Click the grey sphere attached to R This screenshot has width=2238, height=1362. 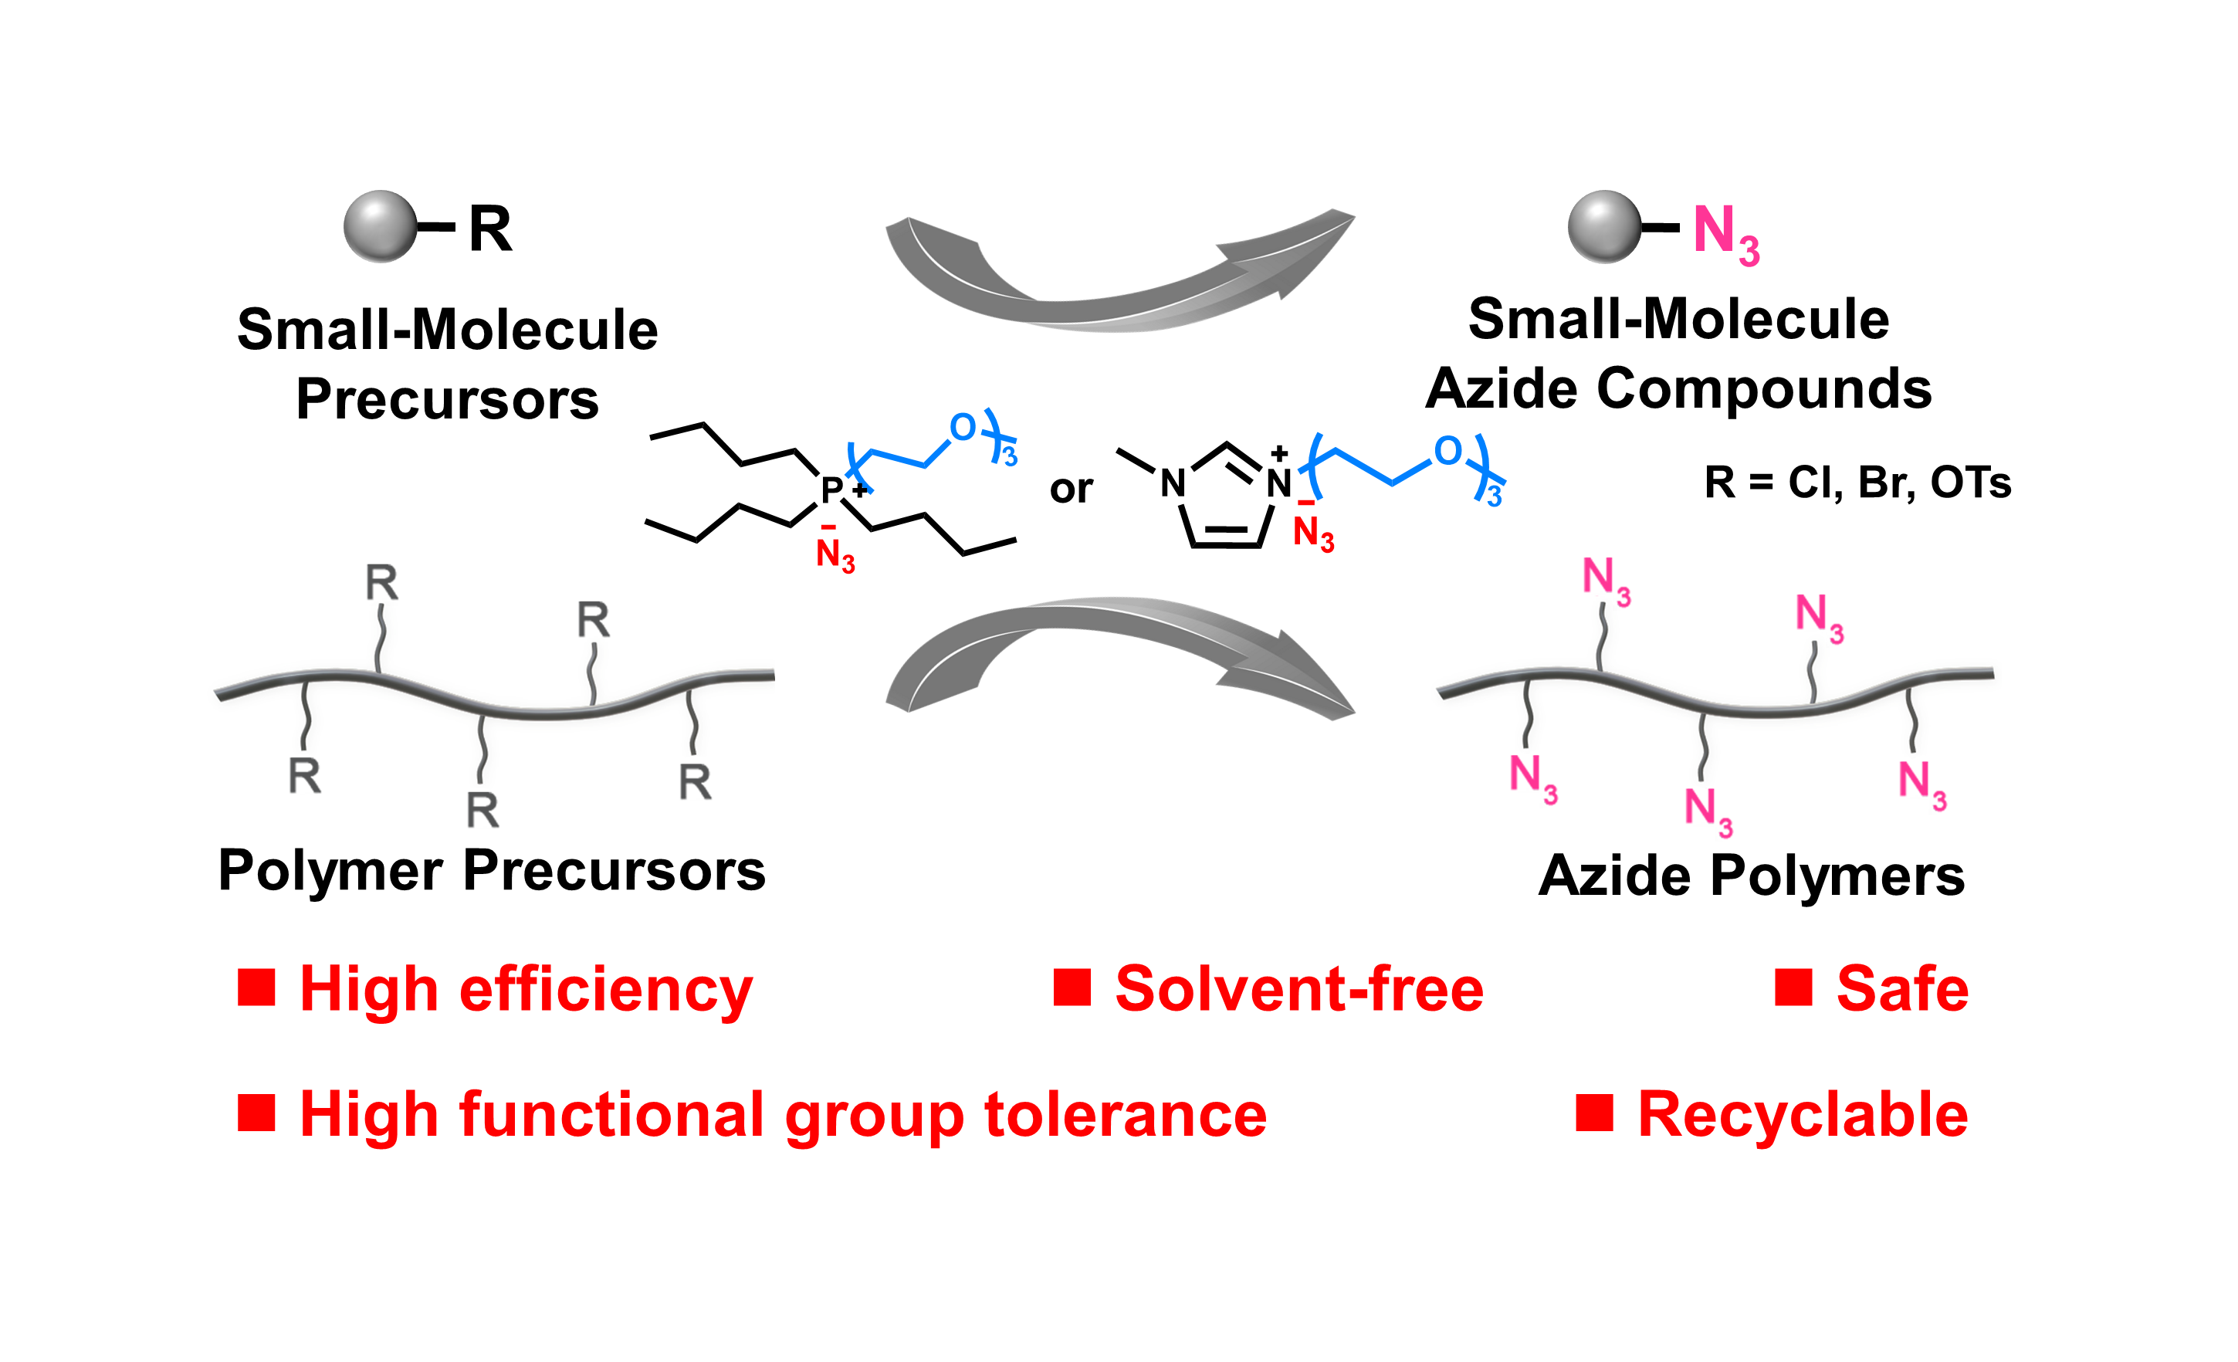click(x=380, y=226)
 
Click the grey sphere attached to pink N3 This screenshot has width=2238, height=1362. click(x=1604, y=226)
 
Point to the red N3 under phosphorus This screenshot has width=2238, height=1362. click(x=835, y=554)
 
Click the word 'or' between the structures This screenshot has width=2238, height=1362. click(x=1071, y=490)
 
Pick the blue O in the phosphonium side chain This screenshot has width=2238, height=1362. click(x=962, y=427)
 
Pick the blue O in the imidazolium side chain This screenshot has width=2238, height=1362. click(x=1447, y=451)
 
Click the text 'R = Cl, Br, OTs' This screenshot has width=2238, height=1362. click(x=1857, y=483)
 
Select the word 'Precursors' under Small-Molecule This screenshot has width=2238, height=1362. click(x=448, y=399)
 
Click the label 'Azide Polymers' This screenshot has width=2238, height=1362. click(x=1751, y=876)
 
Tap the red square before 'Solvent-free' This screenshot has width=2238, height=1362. click(x=1072, y=988)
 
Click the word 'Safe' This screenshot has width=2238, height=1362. click(x=1902, y=988)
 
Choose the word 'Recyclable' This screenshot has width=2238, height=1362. click(x=1802, y=1115)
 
